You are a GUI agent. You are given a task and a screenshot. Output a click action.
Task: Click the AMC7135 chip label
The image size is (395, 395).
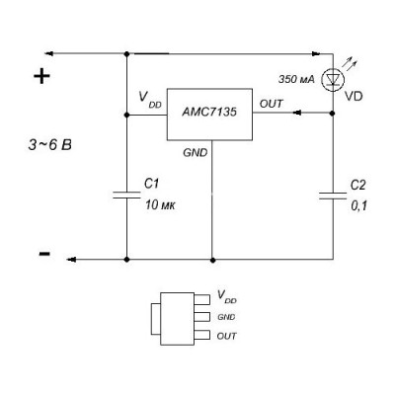click(209, 113)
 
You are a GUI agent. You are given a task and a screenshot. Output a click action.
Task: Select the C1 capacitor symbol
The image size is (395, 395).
click(126, 195)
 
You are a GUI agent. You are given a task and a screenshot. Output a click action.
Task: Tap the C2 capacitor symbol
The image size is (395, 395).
click(333, 196)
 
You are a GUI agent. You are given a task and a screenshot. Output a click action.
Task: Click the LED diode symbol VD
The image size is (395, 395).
click(333, 80)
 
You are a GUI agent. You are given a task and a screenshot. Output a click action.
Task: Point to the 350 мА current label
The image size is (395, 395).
click(296, 79)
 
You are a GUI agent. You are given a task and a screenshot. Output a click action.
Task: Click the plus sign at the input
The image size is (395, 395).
click(41, 76)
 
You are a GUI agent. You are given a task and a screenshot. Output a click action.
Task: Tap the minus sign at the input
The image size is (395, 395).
click(44, 254)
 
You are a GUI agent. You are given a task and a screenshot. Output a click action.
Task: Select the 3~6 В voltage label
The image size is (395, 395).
click(49, 145)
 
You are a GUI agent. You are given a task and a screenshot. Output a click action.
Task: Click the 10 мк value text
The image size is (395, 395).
click(160, 205)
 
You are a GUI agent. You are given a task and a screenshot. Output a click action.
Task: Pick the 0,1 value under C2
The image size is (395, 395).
click(358, 206)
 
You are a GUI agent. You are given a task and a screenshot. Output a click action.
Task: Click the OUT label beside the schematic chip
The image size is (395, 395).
click(271, 104)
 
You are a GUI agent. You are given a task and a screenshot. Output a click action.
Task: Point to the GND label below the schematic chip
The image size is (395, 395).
click(196, 153)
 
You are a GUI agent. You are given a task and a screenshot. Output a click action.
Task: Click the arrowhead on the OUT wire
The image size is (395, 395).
click(297, 113)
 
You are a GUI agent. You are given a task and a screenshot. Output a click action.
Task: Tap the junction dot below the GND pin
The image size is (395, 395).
click(213, 260)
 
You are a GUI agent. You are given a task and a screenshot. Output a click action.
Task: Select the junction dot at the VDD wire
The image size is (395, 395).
click(126, 115)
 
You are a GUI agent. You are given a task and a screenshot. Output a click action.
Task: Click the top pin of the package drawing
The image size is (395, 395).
click(201, 299)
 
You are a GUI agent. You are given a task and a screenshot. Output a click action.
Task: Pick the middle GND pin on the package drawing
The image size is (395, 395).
click(201, 317)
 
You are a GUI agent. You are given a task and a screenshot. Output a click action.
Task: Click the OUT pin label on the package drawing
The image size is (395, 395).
click(226, 336)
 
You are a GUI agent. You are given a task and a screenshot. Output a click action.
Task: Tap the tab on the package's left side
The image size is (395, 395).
click(156, 319)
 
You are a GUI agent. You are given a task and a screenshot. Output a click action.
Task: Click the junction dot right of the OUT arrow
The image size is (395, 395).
click(333, 114)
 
